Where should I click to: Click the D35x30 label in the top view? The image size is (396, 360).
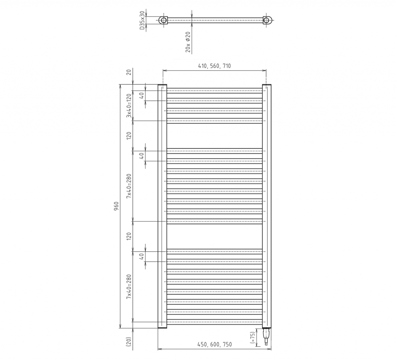click(x=142, y=20)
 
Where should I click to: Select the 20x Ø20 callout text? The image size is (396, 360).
click(x=188, y=42)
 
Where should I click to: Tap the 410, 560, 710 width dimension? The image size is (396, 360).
click(x=214, y=66)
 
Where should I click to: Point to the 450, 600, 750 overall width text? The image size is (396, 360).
click(x=215, y=345)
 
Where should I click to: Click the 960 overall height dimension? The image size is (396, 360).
click(x=116, y=206)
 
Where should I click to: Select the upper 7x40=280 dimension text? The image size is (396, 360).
click(x=129, y=186)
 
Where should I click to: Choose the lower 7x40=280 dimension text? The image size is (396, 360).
click(x=129, y=287)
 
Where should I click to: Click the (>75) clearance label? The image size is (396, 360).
click(x=252, y=338)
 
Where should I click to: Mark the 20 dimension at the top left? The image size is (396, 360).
click(x=129, y=72)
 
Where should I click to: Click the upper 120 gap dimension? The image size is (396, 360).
click(x=129, y=136)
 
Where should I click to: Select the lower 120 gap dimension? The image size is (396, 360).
click(x=129, y=236)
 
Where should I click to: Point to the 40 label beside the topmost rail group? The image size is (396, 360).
click(x=142, y=96)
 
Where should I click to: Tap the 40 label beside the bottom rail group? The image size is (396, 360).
click(x=142, y=256)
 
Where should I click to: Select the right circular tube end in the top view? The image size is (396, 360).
click(x=267, y=20)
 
